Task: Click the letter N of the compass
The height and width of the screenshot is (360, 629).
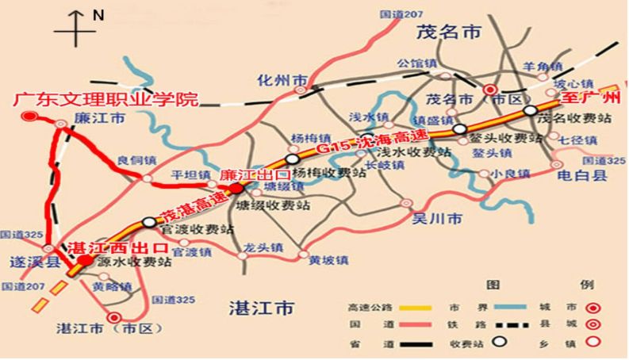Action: pyautogui.click(x=98, y=15)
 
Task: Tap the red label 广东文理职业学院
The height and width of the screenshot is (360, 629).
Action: pyautogui.click(x=105, y=99)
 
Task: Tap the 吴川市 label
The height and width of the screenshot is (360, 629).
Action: pyautogui.click(x=433, y=216)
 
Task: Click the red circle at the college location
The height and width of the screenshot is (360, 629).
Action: pyautogui.click(x=29, y=117)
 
